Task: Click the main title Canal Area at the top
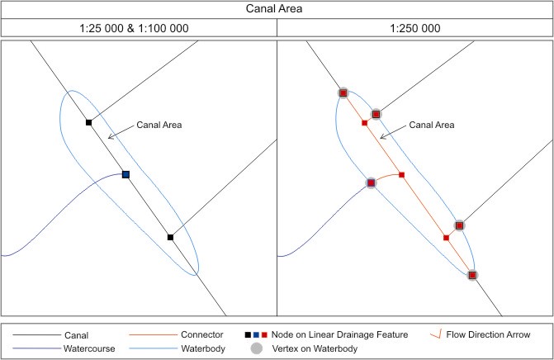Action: pos(277,11)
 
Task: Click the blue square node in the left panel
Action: pos(126,174)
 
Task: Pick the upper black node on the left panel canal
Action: pos(88,122)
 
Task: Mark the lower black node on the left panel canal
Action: pos(170,237)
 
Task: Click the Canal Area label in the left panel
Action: pos(158,125)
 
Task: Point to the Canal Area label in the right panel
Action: pos(433,126)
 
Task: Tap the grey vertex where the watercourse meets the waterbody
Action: pos(371,182)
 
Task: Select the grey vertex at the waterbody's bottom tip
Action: pos(472,276)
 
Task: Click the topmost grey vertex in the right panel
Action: pos(343,93)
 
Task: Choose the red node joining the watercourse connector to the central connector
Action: pos(401,174)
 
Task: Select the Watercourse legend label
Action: pos(88,349)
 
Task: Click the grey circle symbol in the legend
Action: pos(257,349)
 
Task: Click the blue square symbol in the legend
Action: pos(257,335)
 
